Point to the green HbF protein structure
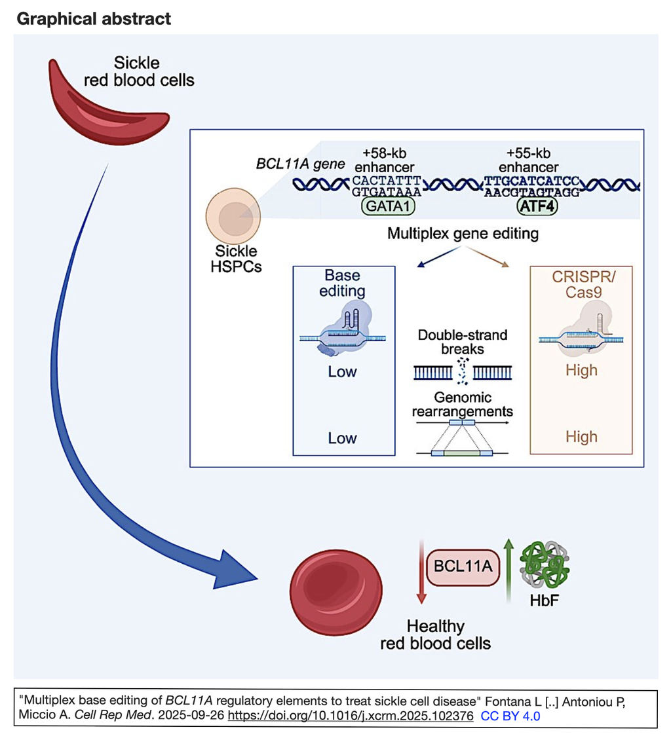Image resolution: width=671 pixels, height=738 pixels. (541, 563)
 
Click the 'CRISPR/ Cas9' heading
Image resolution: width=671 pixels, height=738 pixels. (581, 283)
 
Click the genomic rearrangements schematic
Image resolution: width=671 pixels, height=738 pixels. (463, 439)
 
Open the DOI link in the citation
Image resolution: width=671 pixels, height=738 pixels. (350, 716)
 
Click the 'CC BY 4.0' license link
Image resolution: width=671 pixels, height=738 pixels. (510, 716)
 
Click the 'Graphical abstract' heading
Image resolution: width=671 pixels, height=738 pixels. (94, 18)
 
